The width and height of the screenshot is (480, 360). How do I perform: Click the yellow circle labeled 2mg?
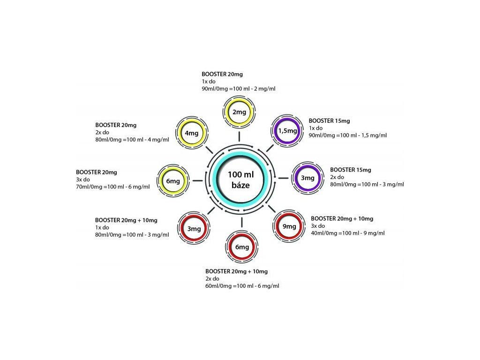[x=239, y=112]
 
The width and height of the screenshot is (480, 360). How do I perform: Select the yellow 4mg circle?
[x=192, y=133]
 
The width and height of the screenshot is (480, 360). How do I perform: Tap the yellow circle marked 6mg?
[x=173, y=181]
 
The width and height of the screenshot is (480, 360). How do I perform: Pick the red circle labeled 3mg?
[x=194, y=229]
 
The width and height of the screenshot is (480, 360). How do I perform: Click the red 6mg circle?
[x=242, y=247]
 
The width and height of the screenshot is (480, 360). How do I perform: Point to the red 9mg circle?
[x=290, y=226]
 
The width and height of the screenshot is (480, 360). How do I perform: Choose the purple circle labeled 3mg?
[x=307, y=178]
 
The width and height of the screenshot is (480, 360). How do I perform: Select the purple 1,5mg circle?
[x=288, y=131]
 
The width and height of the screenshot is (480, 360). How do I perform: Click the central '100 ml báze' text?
[x=240, y=180]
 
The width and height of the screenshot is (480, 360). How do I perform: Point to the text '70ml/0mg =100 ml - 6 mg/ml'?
[x=112, y=187]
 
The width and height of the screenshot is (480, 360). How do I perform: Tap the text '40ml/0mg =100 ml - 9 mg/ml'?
[x=348, y=233]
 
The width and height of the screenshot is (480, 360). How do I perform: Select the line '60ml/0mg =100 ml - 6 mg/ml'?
[x=242, y=286]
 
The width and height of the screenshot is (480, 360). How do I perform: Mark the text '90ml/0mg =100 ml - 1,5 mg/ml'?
[x=348, y=135]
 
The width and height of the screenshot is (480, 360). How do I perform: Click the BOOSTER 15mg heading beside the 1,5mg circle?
[x=329, y=121]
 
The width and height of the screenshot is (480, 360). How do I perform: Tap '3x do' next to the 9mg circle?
[x=318, y=226]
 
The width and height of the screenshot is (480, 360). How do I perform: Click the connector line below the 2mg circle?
[x=239, y=136]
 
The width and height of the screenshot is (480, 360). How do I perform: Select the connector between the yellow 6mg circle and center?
[x=197, y=180]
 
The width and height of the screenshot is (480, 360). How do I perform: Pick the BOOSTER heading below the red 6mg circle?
[x=236, y=271]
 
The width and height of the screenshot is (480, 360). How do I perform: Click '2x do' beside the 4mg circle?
[x=102, y=133]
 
